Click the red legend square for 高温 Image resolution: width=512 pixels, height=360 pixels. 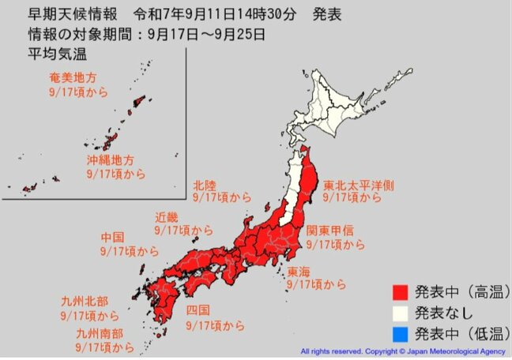pyautogui.click(x=401, y=294)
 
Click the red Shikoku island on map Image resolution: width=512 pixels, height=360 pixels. pyautogui.click(x=205, y=285)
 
